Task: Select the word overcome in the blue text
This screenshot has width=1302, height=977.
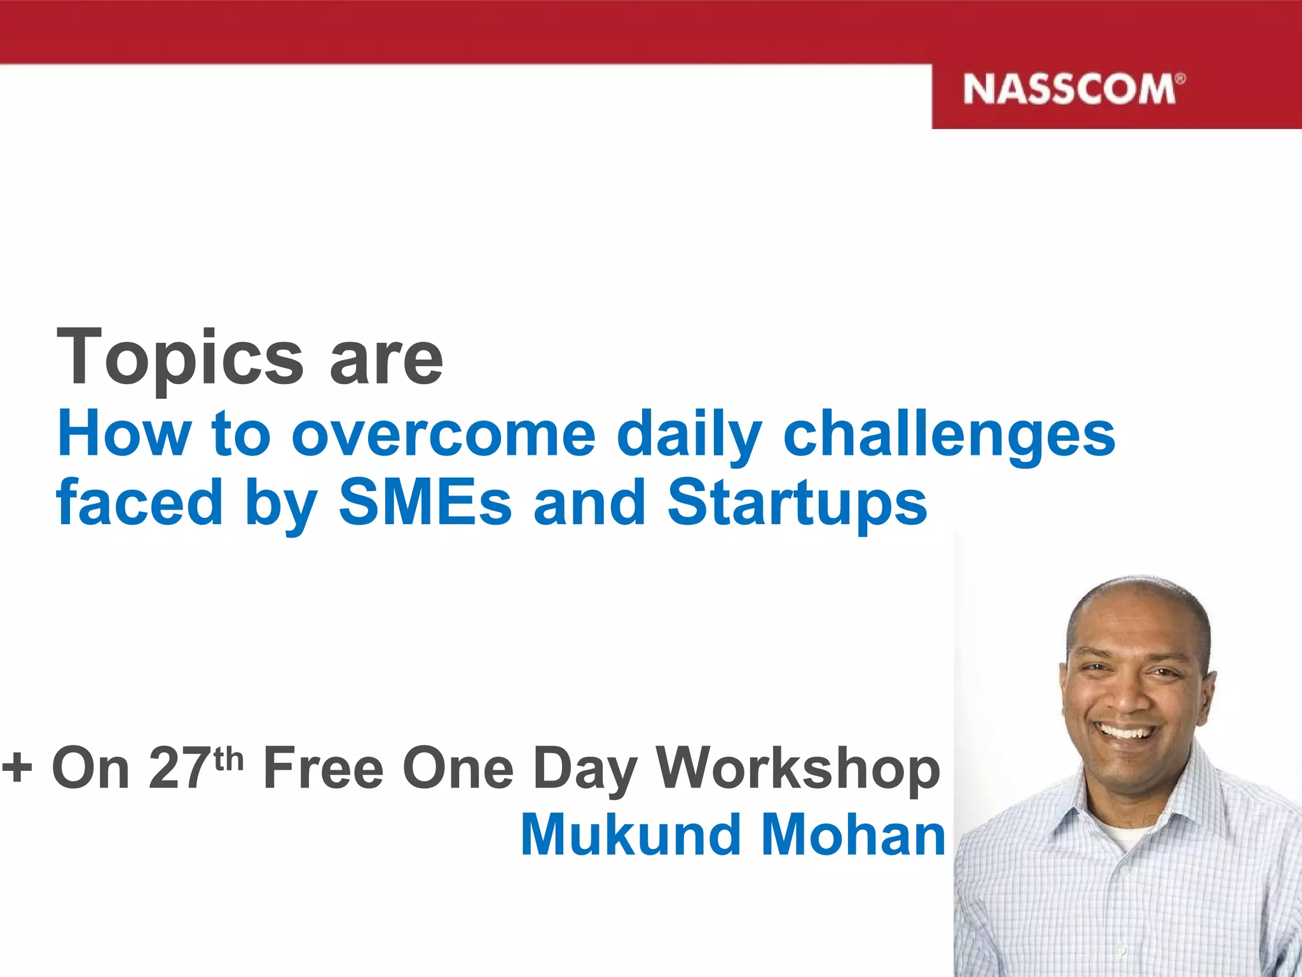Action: click(443, 434)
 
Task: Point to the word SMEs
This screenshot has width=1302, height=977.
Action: click(425, 502)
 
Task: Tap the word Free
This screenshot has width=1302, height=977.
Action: click(324, 768)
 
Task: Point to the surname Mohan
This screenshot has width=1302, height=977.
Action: click(853, 835)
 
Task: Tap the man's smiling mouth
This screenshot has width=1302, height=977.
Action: click(1126, 733)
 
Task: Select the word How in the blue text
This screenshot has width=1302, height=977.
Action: click(124, 434)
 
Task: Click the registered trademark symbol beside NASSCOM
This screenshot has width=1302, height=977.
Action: click(1180, 80)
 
